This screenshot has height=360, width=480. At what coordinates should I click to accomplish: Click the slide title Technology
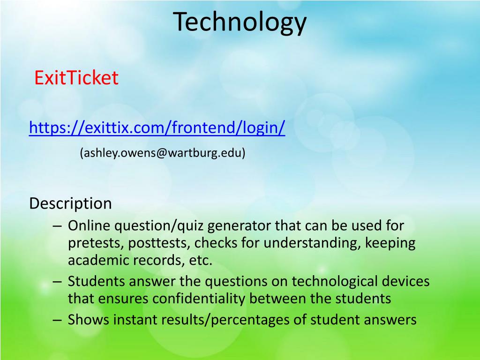click(240, 22)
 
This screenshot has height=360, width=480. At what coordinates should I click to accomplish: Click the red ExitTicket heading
click(76, 78)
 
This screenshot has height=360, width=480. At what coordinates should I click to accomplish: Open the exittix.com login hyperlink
click(157, 127)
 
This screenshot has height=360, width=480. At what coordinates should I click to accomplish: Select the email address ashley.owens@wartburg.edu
click(162, 153)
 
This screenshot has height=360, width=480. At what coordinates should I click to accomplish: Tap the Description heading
click(70, 203)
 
